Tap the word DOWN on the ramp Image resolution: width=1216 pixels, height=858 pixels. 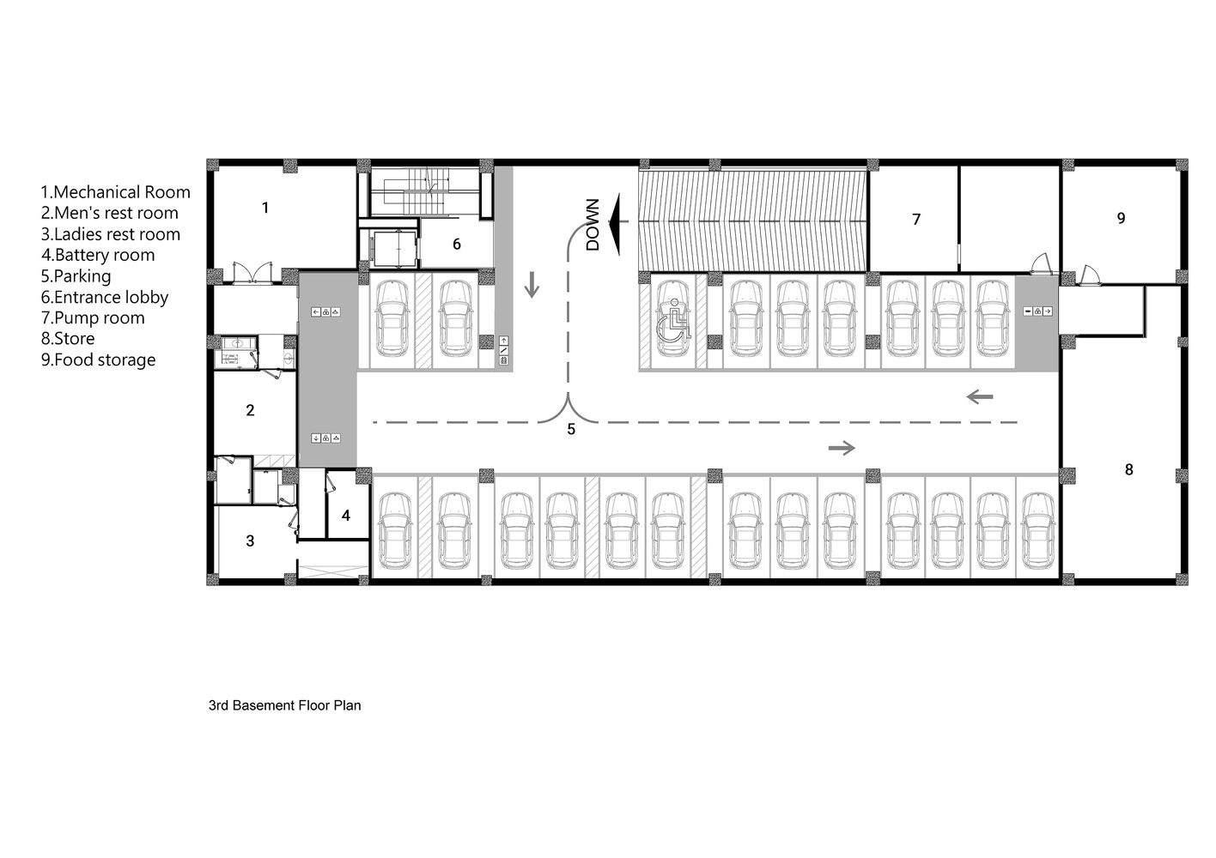coord(593,225)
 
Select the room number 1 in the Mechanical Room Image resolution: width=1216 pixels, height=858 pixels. coord(265,208)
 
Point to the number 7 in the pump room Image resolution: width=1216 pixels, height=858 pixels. coord(916,219)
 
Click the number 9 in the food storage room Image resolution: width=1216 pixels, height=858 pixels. coord(1121,218)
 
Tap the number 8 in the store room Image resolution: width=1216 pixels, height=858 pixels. coord(1129,469)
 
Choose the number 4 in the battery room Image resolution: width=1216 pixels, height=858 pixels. coord(346,516)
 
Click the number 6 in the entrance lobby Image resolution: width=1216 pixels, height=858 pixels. coord(457,244)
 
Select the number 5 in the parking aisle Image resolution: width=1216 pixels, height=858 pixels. coord(571,430)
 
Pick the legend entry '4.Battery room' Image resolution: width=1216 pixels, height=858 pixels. coord(98,255)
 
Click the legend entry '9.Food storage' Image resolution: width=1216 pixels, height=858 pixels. coord(98,360)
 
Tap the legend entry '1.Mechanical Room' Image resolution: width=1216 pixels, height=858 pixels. coord(116,192)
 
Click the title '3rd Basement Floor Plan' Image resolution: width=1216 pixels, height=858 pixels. coord(284,705)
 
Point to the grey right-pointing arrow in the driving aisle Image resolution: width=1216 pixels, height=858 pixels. coord(842,448)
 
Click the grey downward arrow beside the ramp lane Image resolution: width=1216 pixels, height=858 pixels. coord(532,284)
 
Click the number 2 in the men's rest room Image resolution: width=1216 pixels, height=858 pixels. coord(250,411)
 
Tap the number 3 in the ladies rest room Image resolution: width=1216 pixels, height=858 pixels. coord(250,541)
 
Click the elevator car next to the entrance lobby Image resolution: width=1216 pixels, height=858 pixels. coord(395,249)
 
